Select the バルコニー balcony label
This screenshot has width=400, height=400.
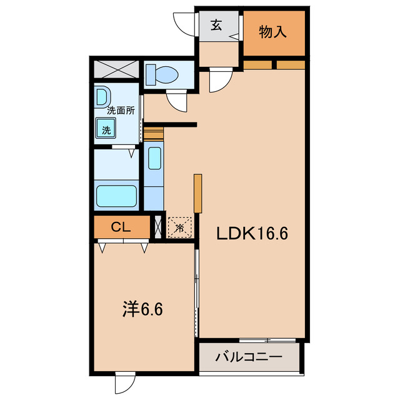[x=249, y=358]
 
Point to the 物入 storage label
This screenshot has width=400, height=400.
[x=272, y=32]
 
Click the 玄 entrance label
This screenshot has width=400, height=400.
[x=216, y=26]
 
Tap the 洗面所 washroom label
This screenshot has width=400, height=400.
[x=121, y=110]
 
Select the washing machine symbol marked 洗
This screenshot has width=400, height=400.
[x=107, y=130]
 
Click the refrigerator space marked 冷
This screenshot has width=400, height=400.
[x=179, y=228]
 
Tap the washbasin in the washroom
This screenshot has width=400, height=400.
[x=102, y=96]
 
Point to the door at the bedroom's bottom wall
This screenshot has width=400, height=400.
[x=124, y=382]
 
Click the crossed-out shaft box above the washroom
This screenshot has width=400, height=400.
[x=116, y=69]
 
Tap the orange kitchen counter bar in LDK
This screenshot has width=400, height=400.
[x=197, y=194]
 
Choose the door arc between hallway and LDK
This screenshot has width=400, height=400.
[x=220, y=79]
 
